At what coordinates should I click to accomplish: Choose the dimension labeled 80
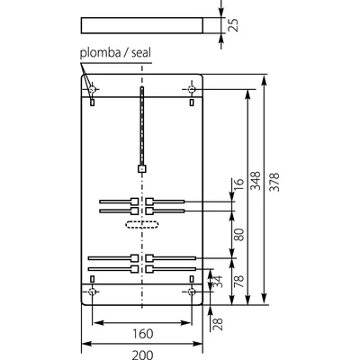[x=239, y=234]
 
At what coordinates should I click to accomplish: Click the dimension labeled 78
[x=239, y=280]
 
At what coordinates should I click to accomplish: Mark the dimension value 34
[x=217, y=282]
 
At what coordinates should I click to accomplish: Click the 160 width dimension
[x=140, y=333]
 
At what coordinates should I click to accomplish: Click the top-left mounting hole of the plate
[x=94, y=88]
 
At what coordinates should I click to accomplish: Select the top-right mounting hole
[x=190, y=88]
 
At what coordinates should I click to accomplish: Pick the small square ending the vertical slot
[x=141, y=167]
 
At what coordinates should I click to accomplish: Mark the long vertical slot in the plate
[x=141, y=126]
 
